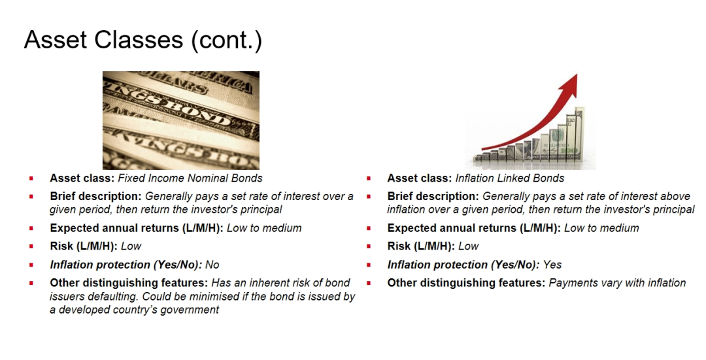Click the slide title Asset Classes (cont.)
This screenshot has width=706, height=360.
coord(143,40)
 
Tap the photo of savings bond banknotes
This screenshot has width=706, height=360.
coord(181,120)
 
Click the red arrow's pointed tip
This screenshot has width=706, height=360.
coord(577,74)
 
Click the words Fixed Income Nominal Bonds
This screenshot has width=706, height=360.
coord(190,178)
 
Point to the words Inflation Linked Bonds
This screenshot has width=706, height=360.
coord(510,178)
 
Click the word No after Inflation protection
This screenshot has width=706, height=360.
coord(212,265)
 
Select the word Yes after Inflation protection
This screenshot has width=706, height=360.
coord(552,265)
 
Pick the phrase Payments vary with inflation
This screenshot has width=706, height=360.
coord(617,283)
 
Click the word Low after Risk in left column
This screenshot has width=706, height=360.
coord(131,246)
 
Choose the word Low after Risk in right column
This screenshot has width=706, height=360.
coord(468,246)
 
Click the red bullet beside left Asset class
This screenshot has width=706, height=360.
coord(31,178)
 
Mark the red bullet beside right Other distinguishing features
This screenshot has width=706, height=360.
coord(368,284)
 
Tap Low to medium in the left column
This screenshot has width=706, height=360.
coord(264,228)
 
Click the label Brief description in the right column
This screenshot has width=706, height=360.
coord(433,196)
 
